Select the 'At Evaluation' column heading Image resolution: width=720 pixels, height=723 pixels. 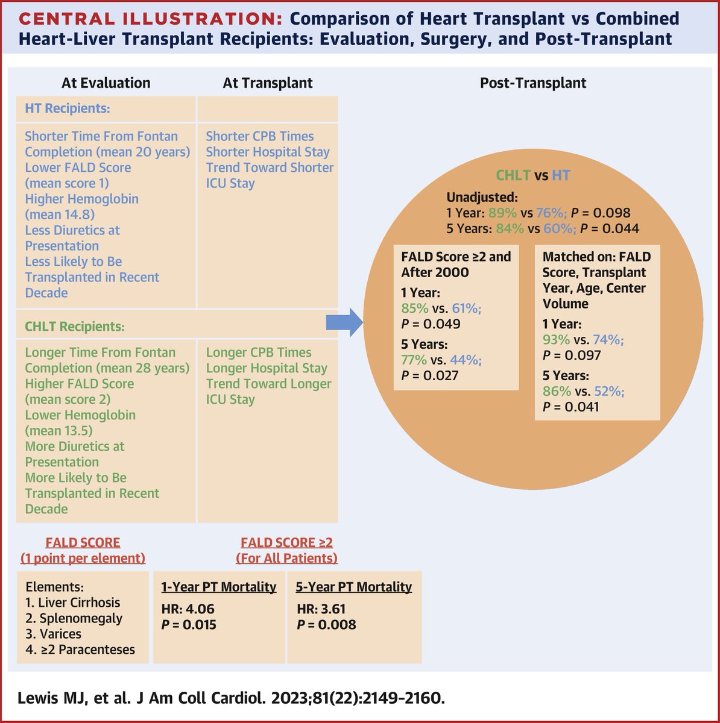point(106,83)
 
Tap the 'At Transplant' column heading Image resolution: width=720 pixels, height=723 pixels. point(268,83)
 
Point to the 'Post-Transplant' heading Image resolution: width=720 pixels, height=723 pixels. point(533,83)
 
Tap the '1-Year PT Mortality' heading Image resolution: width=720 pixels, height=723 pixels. point(219,587)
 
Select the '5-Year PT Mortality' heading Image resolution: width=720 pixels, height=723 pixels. point(355,587)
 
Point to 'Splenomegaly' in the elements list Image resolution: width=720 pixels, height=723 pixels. point(81,618)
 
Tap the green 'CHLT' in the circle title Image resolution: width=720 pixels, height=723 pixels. point(513,176)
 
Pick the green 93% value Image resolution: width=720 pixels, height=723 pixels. point(556,340)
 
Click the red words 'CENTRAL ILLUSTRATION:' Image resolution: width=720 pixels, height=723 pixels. point(150,19)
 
